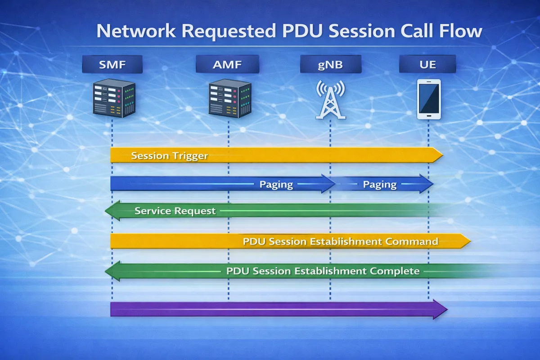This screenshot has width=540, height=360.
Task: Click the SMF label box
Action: click(x=112, y=64)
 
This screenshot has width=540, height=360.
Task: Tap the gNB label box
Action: click(x=330, y=64)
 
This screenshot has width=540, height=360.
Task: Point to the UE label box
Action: click(x=427, y=64)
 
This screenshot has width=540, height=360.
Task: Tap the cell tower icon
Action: click(x=330, y=100)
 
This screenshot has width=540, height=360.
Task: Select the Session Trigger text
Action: click(x=169, y=156)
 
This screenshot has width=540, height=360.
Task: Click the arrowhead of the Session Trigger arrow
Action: click(x=437, y=155)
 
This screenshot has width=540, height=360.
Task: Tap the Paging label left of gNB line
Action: click(x=276, y=184)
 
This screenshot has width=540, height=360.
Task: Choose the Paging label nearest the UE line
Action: click(x=380, y=184)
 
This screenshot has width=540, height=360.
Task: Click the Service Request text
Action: click(x=175, y=211)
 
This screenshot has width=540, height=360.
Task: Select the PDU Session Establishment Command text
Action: click(x=340, y=241)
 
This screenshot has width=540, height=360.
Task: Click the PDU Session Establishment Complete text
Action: click(x=323, y=271)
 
